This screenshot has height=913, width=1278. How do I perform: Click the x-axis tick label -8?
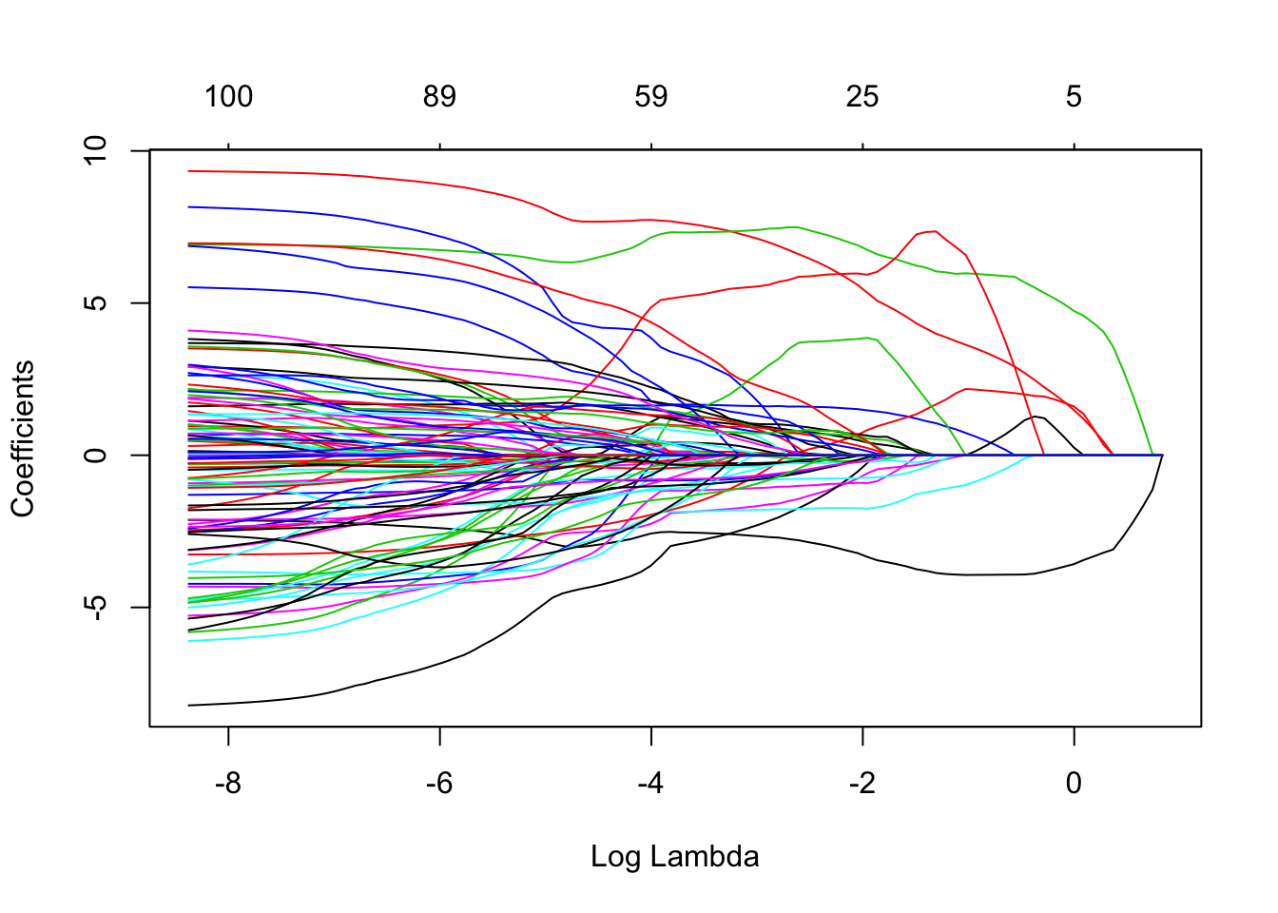(x=228, y=784)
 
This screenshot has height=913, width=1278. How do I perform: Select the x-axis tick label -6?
(x=439, y=784)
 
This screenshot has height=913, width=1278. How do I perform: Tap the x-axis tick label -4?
(x=650, y=784)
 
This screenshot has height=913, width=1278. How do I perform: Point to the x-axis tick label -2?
(x=862, y=784)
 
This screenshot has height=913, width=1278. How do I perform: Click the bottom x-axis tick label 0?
(x=1074, y=784)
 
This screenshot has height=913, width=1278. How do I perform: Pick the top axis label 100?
(x=228, y=96)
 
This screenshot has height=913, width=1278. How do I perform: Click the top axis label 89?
(x=439, y=96)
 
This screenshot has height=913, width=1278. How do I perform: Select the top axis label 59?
(x=651, y=96)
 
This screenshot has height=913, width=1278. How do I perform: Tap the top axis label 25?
(x=862, y=96)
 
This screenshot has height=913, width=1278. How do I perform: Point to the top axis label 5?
(x=1074, y=96)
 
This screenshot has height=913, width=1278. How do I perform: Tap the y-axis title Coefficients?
(x=23, y=438)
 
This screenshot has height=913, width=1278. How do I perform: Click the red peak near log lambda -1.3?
(x=935, y=231)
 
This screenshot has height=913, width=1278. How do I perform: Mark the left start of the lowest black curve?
(x=190, y=705)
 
